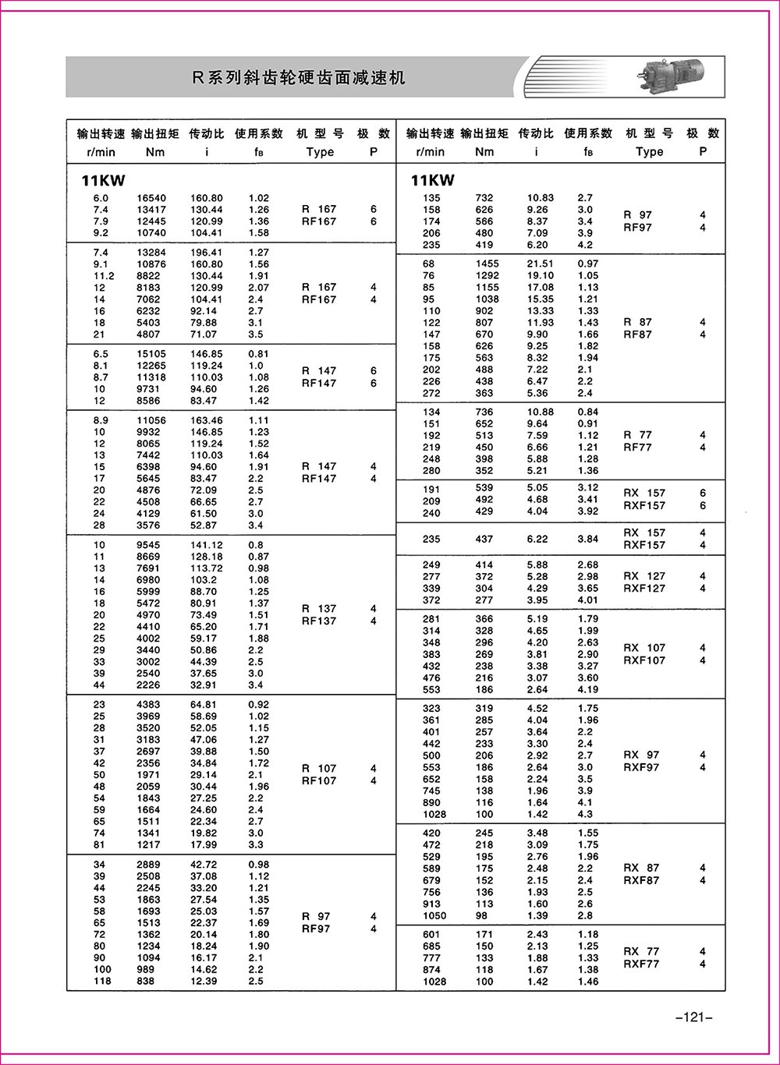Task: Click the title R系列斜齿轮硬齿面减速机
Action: coord(298,77)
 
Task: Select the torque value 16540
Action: coord(151,198)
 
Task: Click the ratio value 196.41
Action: coord(207,253)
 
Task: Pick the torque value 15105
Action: coord(151,354)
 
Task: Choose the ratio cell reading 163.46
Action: coord(207,420)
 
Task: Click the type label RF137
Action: coord(318,621)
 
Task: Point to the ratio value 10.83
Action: coord(541,198)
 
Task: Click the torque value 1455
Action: coord(487,264)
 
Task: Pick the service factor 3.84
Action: coord(588,539)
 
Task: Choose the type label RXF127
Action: coord(644,589)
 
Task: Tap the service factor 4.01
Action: coord(588,600)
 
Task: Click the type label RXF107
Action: coord(644,660)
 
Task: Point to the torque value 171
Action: coord(484,934)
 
